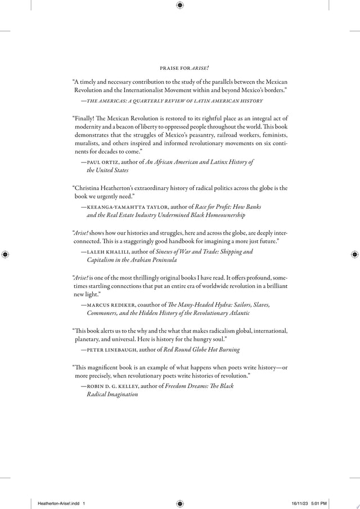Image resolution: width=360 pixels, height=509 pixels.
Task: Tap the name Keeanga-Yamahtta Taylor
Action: coord(115,207)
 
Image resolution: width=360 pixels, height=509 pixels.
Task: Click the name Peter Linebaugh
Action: coord(109,349)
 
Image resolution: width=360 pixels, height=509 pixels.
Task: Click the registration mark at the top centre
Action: coord(179,5)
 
